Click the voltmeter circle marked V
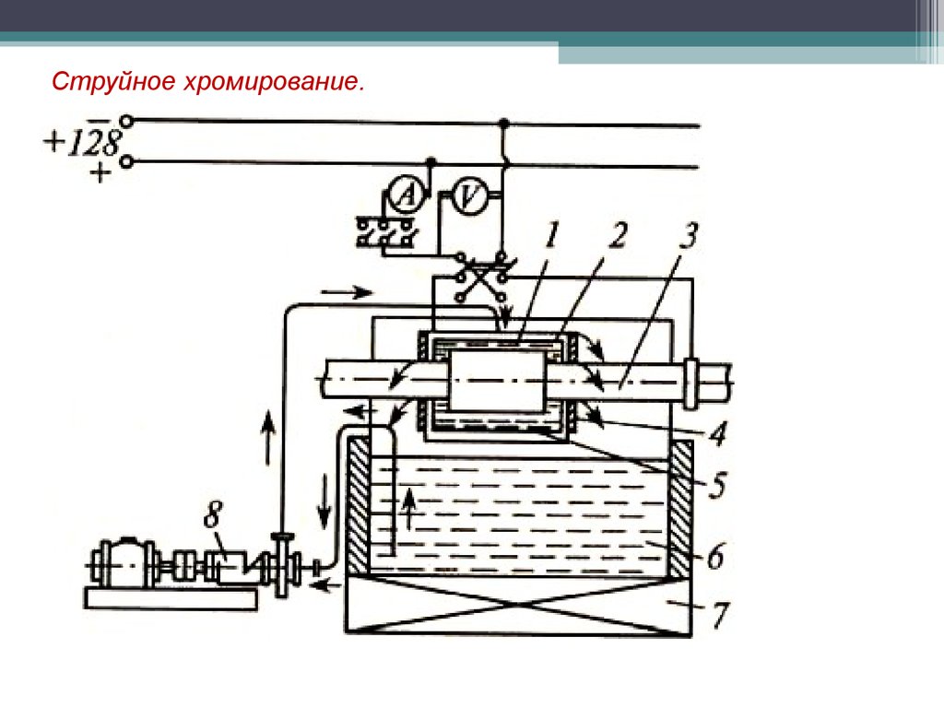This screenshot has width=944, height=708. [x=471, y=195]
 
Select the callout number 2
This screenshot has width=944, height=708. [x=616, y=237]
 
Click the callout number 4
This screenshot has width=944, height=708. [x=716, y=433]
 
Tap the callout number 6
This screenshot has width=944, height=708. [x=716, y=556]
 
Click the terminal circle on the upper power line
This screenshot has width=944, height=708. [x=127, y=120]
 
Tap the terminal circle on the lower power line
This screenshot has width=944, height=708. [x=127, y=162]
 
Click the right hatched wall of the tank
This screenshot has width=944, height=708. [x=682, y=508]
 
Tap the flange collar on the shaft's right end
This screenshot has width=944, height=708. [x=692, y=379]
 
